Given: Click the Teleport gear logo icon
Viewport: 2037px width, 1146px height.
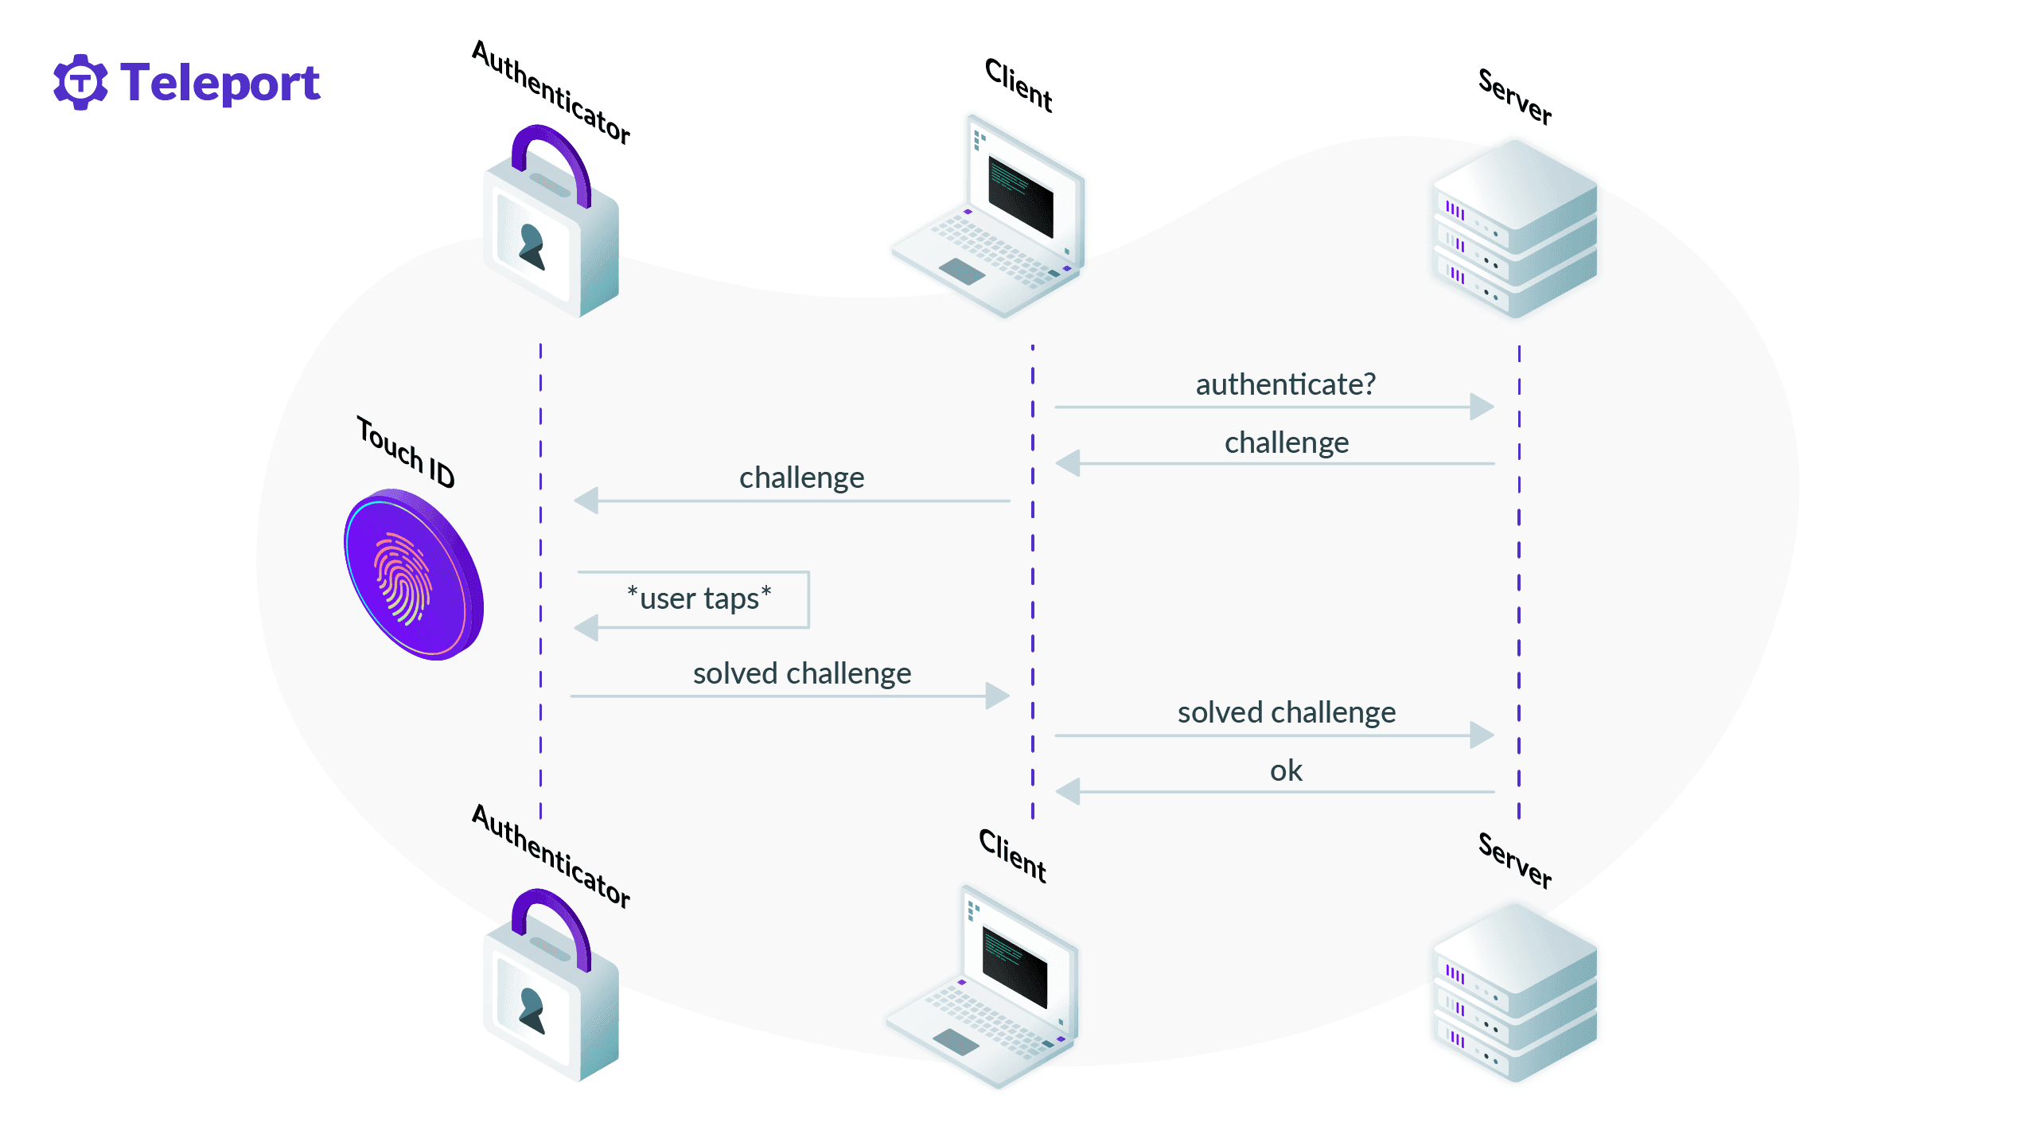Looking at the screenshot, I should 80,82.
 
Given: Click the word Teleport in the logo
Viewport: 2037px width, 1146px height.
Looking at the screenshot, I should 220,83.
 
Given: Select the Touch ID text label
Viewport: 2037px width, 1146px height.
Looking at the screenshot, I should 405,452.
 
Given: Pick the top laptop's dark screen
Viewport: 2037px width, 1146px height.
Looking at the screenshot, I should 1020,195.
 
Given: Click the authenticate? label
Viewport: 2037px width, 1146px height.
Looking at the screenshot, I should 1285,384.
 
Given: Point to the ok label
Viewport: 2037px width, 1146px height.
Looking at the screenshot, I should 1285,770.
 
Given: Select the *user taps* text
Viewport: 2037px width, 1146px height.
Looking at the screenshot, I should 699,598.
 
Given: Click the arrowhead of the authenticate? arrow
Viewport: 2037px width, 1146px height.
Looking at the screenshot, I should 1482,407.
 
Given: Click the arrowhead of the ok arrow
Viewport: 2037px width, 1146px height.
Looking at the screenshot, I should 1068,792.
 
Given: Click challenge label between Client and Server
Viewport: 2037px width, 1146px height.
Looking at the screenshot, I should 1286,442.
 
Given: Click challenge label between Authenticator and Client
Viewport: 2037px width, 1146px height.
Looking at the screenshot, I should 801,477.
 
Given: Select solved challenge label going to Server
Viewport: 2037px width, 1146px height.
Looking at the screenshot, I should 1286,712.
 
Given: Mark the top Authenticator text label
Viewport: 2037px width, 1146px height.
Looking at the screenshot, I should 551,92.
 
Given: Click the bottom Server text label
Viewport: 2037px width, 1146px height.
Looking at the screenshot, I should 1514,860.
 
